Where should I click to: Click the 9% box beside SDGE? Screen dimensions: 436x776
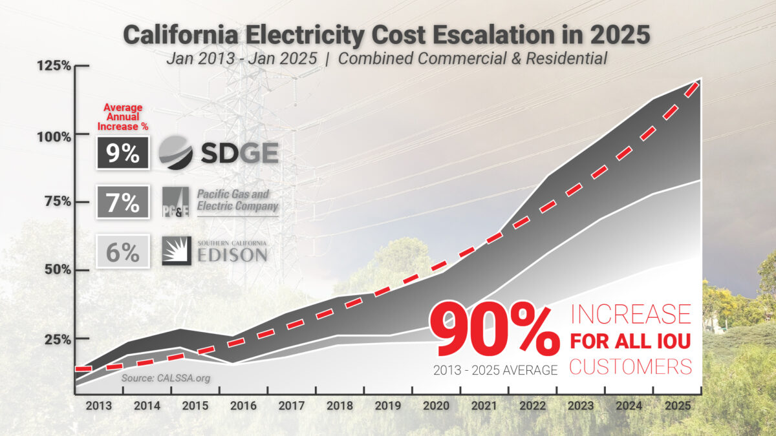[x=123, y=153]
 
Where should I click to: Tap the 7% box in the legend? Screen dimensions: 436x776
[x=123, y=203]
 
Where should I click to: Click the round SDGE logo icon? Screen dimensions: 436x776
[x=176, y=153]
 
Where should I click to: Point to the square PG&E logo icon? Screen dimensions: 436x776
[x=175, y=202]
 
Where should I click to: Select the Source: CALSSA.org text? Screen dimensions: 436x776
[x=166, y=377]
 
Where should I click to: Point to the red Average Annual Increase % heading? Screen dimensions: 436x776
[x=123, y=116]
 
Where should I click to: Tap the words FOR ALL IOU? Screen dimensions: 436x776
[x=630, y=340]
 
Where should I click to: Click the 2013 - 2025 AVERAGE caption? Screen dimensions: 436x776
[x=496, y=370]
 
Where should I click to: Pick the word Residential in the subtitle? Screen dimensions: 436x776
[x=567, y=58]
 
